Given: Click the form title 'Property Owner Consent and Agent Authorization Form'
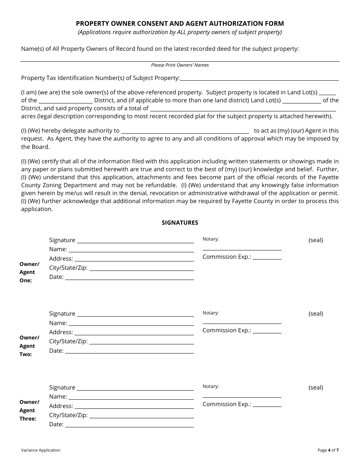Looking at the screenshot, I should coord(180,23).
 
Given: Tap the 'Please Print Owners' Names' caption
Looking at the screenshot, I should coord(180,65).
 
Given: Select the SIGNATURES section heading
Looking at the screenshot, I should coord(180,223).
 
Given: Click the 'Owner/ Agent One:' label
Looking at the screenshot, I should coord(29,272).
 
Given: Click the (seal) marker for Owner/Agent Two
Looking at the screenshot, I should coord(316,314).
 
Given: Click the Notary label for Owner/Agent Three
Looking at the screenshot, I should coord(211,386).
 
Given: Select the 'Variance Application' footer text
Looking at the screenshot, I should coord(41,450).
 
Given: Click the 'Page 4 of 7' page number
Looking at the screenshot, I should coord(328,450).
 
